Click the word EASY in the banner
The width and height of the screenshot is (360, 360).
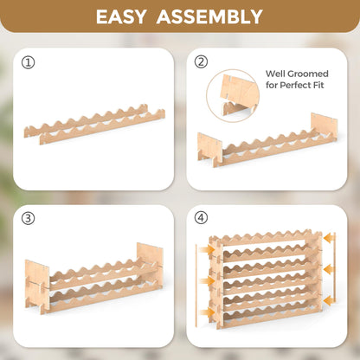[121, 16]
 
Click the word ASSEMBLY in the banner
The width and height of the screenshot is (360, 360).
[209, 16]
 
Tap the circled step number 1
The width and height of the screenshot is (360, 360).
[28, 62]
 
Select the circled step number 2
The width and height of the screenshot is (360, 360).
[201, 61]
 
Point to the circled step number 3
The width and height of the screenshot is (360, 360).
[28, 219]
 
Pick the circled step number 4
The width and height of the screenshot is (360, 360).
[201, 218]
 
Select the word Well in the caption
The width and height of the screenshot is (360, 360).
[276, 74]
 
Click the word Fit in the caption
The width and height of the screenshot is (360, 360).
[320, 85]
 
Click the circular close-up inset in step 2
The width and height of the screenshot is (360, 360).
[233, 95]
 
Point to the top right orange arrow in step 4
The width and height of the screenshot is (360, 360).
[329, 239]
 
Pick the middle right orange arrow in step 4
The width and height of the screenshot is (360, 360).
[329, 269]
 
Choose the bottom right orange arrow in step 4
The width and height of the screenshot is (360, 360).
[329, 301]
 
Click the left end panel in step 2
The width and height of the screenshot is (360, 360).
[209, 150]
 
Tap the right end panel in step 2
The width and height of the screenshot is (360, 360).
[324, 127]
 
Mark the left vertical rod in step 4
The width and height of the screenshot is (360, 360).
[196, 286]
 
